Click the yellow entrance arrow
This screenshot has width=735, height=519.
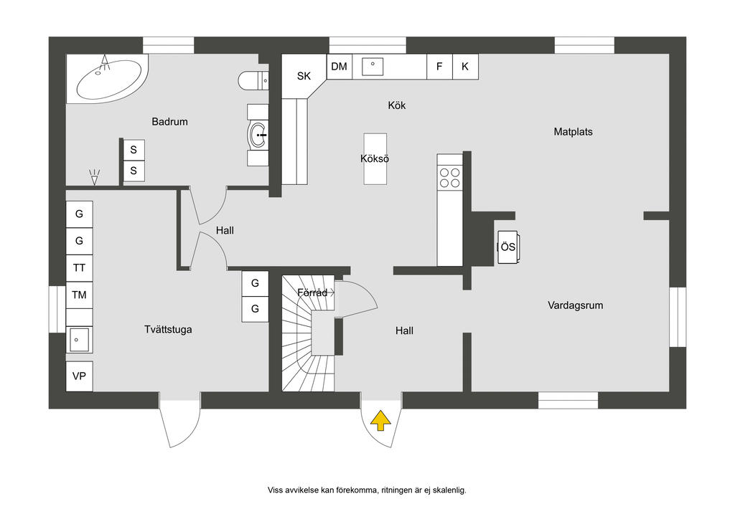(x=380, y=421)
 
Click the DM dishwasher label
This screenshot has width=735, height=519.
(x=339, y=67)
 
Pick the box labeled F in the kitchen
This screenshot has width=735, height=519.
(x=439, y=67)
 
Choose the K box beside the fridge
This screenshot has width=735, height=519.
(x=465, y=67)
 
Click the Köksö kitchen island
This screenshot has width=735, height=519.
(x=375, y=158)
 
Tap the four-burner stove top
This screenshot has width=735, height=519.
(x=450, y=177)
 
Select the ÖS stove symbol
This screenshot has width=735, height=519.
(x=507, y=247)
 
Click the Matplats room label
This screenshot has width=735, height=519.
(x=573, y=132)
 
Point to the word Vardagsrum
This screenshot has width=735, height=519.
(x=575, y=305)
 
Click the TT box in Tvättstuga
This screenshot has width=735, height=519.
(x=80, y=268)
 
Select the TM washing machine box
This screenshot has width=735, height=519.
(x=80, y=295)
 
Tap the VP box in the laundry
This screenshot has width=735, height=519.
(x=80, y=376)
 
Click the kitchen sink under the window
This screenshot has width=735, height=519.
(x=373, y=67)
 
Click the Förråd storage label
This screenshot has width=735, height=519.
(x=313, y=292)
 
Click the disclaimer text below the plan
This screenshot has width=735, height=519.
(x=367, y=490)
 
